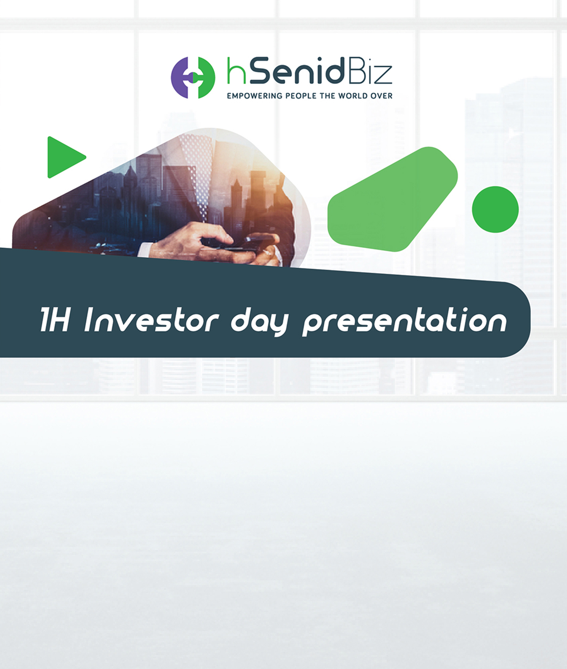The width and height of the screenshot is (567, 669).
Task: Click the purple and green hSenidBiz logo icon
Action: point(193,77)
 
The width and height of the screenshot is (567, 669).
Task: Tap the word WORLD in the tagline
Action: point(353,96)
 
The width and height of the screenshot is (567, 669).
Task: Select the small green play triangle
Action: point(64,157)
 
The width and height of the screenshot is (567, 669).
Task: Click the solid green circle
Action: point(495,209)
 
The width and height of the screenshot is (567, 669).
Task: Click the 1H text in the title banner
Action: point(55,320)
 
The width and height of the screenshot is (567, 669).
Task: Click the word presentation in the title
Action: point(405,321)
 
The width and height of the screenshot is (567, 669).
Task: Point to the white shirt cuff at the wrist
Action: point(144,250)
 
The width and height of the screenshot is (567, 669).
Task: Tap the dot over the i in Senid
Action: point(312,60)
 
